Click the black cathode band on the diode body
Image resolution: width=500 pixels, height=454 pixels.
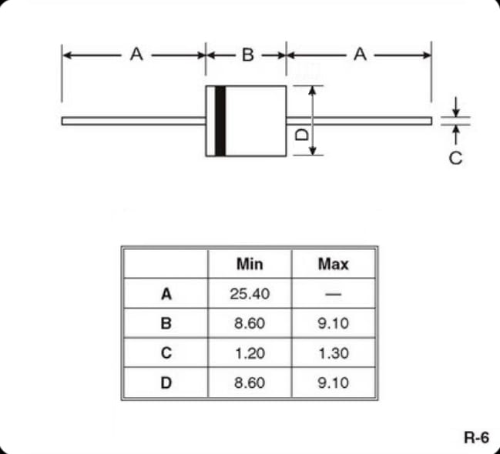coord(220,121)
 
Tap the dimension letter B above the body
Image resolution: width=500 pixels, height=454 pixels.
coord(248,55)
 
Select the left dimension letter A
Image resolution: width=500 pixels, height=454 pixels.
coord(136,54)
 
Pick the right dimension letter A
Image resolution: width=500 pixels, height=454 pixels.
coord(361,54)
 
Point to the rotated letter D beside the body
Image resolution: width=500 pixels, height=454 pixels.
coord(302,135)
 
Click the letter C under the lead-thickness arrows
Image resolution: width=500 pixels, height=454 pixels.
coord(455,158)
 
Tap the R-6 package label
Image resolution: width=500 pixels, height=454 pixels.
coord(476,437)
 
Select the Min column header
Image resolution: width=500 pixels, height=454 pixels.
coord(250,264)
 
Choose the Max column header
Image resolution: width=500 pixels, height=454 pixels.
coord(334,264)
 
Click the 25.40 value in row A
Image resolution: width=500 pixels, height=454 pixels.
coord(250,294)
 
